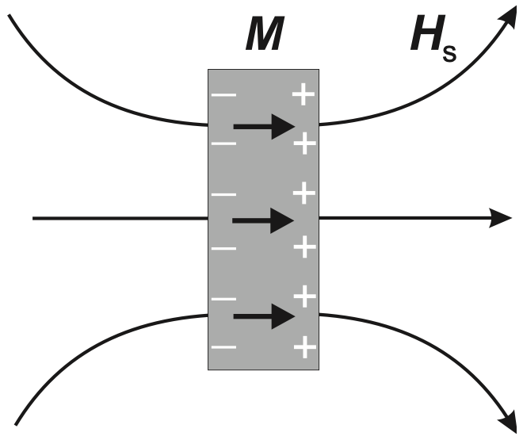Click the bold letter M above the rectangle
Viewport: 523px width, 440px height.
click(263, 38)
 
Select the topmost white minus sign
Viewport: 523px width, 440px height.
click(224, 96)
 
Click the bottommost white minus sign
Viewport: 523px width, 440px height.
click(224, 346)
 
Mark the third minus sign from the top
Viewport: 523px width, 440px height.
click(224, 193)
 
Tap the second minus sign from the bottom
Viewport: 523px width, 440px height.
click(224, 299)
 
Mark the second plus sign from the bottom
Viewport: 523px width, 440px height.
click(304, 297)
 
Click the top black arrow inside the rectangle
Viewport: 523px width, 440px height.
click(263, 125)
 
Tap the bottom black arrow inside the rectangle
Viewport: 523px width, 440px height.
click(263, 317)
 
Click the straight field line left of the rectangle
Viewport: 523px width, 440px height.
click(119, 217)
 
